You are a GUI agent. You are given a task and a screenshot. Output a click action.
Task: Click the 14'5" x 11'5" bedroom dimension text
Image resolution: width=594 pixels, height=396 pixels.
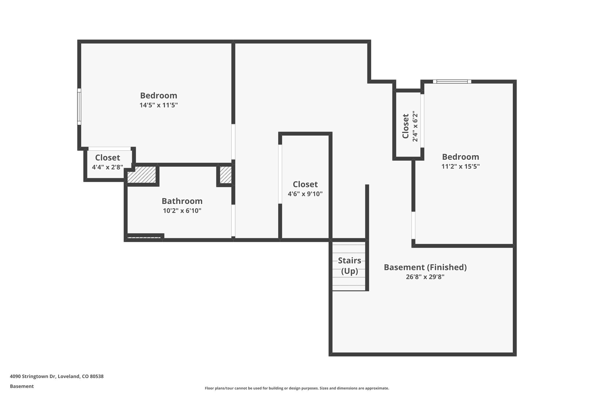click(x=158, y=105)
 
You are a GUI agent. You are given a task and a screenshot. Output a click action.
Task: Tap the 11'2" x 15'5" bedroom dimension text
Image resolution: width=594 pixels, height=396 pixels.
click(x=460, y=167)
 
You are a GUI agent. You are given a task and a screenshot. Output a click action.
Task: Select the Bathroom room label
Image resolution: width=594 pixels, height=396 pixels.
click(x=182, y=201)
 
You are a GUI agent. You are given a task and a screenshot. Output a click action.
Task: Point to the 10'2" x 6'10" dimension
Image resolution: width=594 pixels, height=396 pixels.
click(x=182, y=211)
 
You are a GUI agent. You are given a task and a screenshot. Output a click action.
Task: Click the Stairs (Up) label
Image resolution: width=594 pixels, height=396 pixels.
click(x=349, y=265)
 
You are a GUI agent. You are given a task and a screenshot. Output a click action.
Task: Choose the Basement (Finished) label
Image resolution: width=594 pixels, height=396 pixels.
click(x=425, y=267)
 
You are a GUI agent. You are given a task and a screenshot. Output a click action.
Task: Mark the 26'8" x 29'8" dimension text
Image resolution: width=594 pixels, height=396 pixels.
click(x=425, y=277)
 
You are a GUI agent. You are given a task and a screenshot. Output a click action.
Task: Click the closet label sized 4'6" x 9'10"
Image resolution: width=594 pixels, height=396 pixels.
click(x=305, y=185)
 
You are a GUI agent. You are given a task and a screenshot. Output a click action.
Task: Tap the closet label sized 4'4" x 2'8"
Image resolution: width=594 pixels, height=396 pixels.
click(x=107, y=158)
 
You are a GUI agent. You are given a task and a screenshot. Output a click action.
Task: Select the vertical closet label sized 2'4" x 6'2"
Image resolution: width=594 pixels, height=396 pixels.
click(x=405, y=126)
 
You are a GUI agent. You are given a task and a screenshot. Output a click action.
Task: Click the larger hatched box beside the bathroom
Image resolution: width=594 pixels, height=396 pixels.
click(x=142, y=175)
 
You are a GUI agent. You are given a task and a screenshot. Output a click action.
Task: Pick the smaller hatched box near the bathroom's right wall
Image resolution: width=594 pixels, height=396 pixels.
click(x=225, y=175)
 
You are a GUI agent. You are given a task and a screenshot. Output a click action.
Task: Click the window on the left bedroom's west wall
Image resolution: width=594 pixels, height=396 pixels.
click(x=79, y=107)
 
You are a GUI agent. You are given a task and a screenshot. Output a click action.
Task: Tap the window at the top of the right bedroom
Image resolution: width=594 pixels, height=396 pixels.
click(x=452, y=82)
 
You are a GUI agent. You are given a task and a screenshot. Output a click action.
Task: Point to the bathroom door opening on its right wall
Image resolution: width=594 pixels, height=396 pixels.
click(x=233, y=220)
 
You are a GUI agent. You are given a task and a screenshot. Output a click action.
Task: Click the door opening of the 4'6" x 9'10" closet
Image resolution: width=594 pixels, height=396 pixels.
click(x=280, y=174)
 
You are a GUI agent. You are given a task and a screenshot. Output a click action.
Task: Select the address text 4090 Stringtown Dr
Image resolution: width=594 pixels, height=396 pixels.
click(x=57, y=376)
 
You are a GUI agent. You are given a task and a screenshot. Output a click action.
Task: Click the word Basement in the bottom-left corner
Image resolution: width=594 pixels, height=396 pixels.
click(x=22, y=386)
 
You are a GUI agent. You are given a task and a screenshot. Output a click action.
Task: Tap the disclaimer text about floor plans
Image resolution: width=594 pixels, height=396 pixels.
click(x=297, y=388)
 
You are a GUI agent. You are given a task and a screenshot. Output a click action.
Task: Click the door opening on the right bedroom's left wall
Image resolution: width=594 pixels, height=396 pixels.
click(x=413, y=225)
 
